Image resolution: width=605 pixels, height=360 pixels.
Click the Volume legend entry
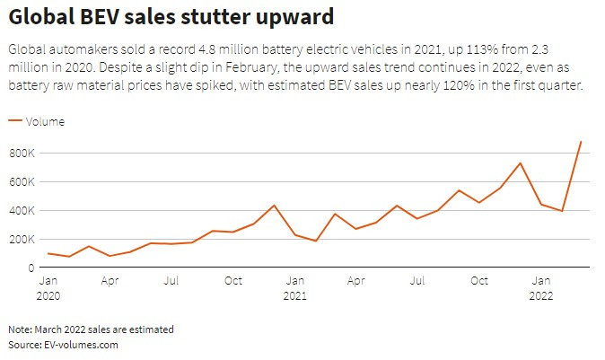coord(46,121)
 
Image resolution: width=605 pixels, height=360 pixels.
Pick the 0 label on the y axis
coord(32,268)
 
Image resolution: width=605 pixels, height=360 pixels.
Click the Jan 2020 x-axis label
coord(48,287)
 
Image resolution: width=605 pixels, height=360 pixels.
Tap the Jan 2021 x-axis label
coord(294,287)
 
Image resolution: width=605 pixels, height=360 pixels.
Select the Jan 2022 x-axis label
coord(540,287)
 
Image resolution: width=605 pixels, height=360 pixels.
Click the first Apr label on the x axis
coord(110,281)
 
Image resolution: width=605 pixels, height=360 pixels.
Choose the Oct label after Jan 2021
coord(479,281)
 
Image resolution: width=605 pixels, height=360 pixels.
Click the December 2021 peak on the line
coord(521,163)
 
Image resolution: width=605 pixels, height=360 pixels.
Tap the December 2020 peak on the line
coord(274,206)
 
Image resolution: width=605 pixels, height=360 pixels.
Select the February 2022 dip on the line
coord(562,211)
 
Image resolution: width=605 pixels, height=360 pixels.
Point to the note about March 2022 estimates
coord(90,329)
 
